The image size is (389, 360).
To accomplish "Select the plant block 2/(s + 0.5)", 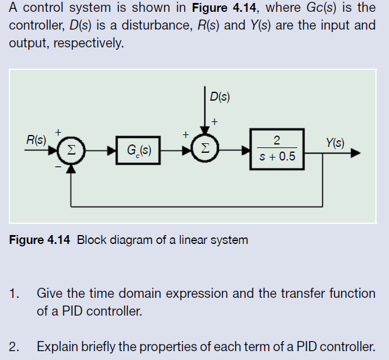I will [x=277, y=149].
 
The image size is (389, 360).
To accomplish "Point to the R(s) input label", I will [x=37, y=140].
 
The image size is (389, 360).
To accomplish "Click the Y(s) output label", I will [x=335, y=142].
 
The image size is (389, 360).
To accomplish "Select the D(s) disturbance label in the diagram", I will [x=220, y=97].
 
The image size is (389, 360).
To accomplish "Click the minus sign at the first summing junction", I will [x=58, y=167].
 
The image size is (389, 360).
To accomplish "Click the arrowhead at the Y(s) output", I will [x=355, y=153].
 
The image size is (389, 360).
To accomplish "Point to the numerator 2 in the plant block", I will [x=277, y=140].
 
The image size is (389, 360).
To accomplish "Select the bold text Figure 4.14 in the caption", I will [x=40, y=240].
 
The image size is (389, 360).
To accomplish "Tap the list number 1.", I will [x=13, y=293].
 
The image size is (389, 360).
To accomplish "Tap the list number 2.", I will [x=13, y=346].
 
